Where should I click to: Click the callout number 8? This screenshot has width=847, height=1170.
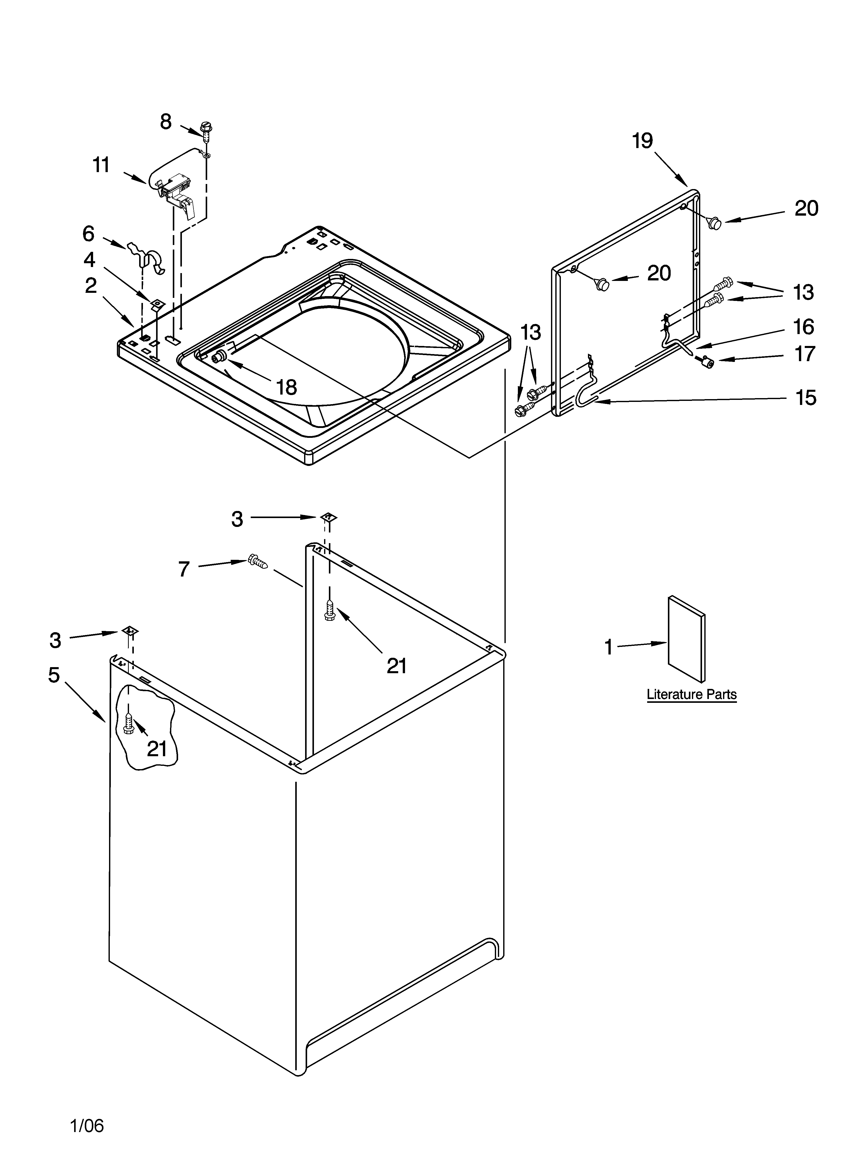pyautogui.click(x=166, y=122)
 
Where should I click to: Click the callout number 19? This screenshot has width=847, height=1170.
pyautogui.click(x=643, y=140)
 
